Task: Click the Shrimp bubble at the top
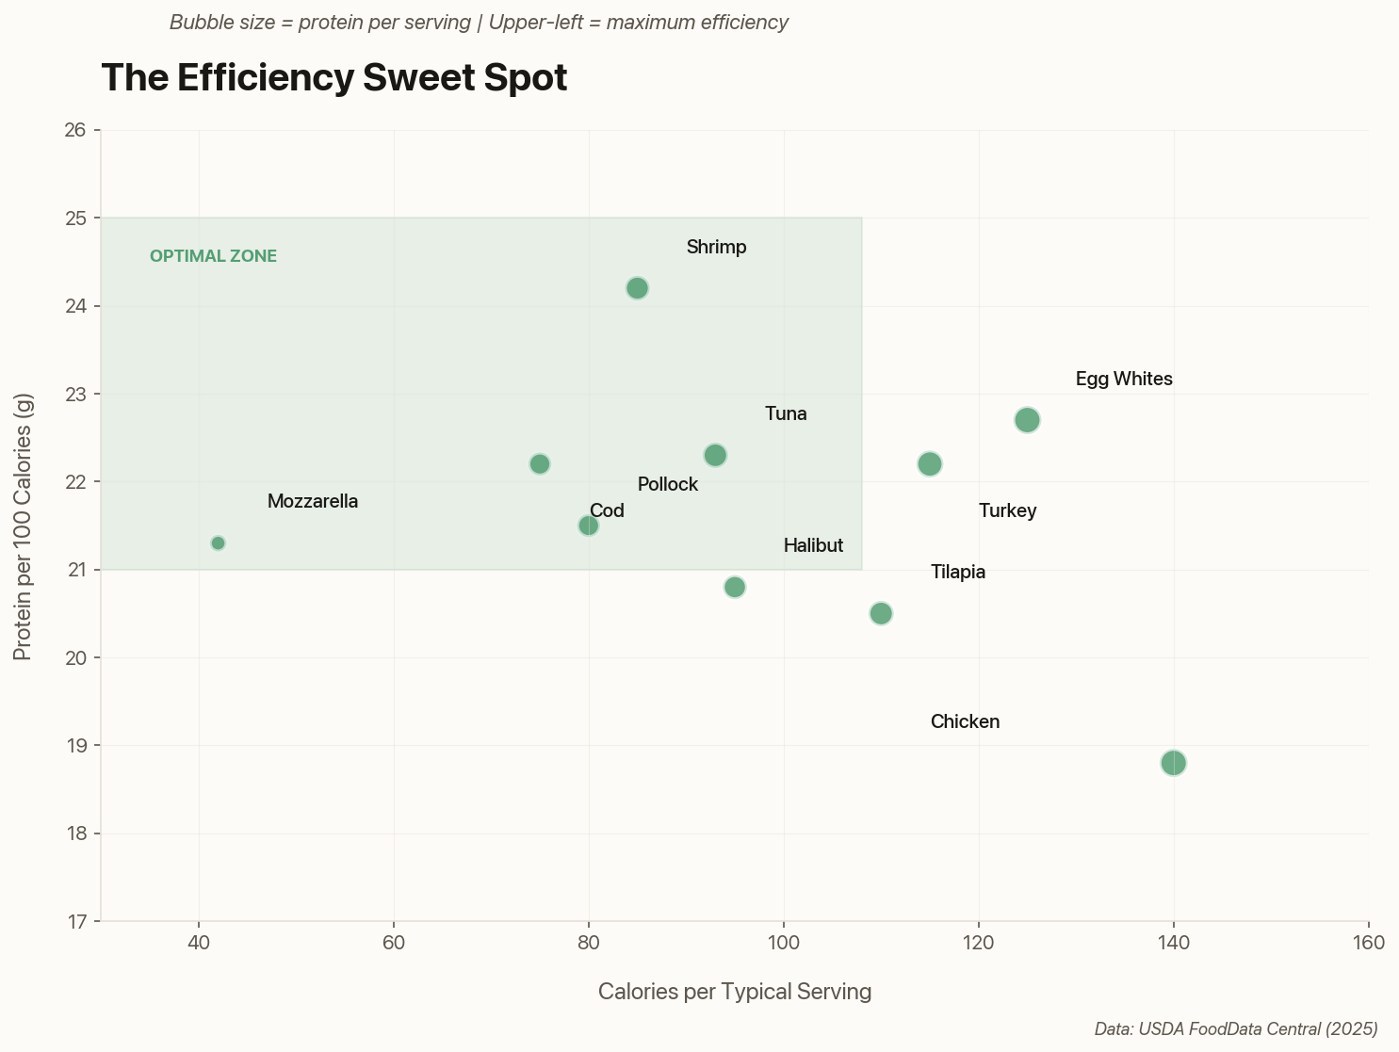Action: [637, 288]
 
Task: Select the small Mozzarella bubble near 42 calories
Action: [218, 543]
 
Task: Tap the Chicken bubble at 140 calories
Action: [1173, 763]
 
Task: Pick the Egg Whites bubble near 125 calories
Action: [1027, 420]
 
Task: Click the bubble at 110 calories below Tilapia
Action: [881, 614]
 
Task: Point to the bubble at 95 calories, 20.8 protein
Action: [735, 588]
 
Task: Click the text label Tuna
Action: [786, 414]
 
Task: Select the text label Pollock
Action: [667, 485]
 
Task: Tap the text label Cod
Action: [607, 511]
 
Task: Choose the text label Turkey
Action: [1007, 511]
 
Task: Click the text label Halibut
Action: [813, 546]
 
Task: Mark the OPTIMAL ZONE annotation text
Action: [213, 256]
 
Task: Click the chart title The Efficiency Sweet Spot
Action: [333, 78]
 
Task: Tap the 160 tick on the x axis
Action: [1368, 943]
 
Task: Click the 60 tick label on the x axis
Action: [394, 943]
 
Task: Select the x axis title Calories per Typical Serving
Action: [734, 992]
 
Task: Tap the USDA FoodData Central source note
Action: [1235, 1029]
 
